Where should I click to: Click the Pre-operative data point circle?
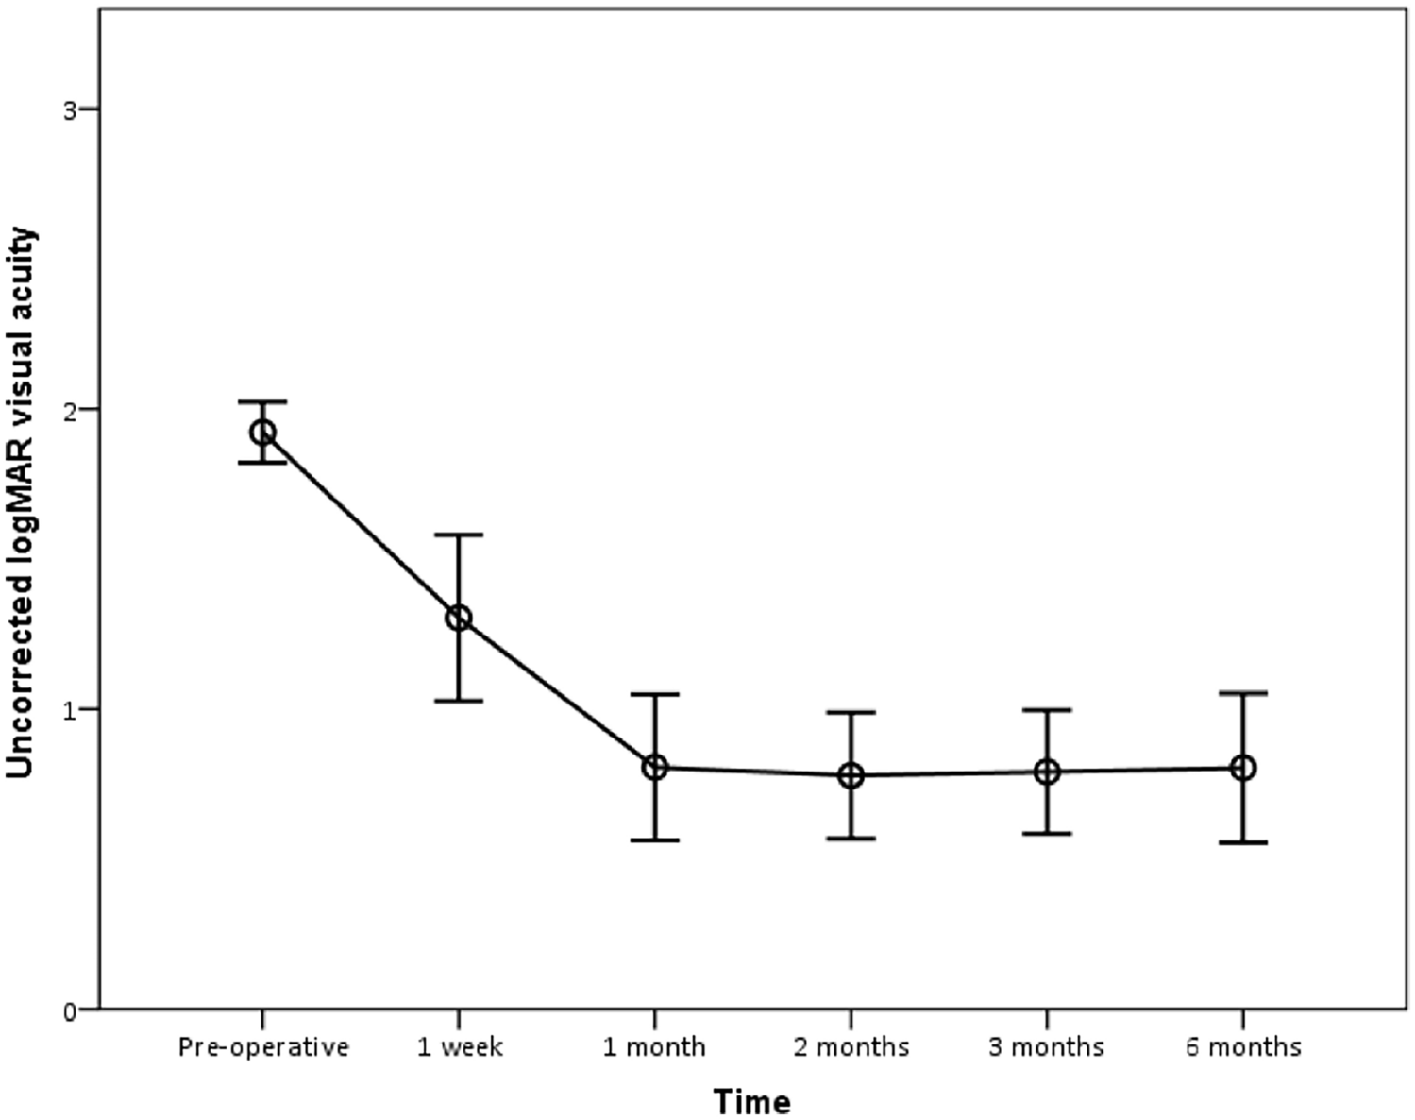(262, 433)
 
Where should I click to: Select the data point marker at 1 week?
(459, 619)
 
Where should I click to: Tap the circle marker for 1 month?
(655, 768)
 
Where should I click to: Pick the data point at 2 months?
(851, 776)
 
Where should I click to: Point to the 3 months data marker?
(1047, 772)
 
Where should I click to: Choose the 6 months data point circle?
(1243, 768)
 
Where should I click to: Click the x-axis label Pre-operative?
(263, 1047)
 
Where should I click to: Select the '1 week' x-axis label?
(461, 1047)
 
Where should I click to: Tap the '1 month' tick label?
(655, 1047)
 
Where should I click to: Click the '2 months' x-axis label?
(851, 1047)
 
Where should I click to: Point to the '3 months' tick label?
(1047, 1047)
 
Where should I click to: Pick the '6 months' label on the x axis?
(1243, 1047)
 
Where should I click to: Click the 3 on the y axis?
(69, 110)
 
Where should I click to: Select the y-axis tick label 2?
(69, 410)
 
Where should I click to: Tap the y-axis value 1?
(69, 710)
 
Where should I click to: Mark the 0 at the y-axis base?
(69, 1010)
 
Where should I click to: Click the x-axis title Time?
(751, 1101)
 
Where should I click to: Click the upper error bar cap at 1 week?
(459, 535)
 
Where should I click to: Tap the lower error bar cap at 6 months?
(1243, 842)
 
